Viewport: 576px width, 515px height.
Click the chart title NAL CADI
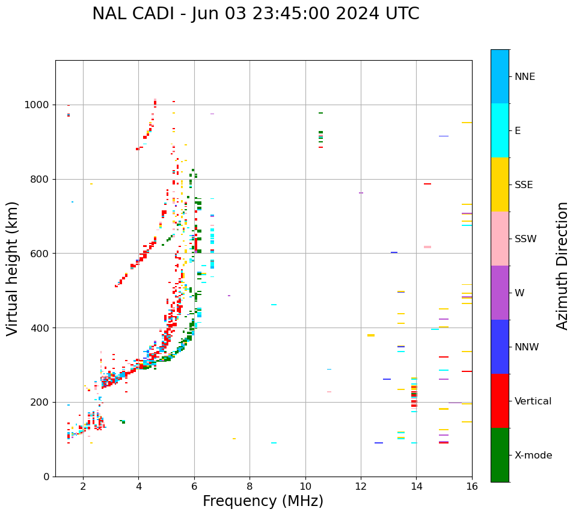click(256, 14)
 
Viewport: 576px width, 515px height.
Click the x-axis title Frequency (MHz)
click(263, 501)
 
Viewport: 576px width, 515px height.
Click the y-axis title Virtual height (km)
click(13, 268)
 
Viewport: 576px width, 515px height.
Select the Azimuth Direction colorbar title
click(562, 265)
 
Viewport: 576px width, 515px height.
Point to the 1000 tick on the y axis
click(38, 105)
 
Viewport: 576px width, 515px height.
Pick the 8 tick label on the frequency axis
click(250, 486)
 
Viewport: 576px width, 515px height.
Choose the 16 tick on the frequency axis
click(472, 486)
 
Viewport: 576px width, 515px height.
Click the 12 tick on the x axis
click(361, 486)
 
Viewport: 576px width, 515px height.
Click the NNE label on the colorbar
click(524, 77)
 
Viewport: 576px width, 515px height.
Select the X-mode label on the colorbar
click(533, 456)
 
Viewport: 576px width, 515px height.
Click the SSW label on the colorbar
click(525, 239)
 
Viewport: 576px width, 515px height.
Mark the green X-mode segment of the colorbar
click(500, 455)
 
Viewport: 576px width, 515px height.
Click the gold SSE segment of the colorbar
click(500, 184)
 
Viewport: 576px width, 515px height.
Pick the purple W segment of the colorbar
click(500, 293)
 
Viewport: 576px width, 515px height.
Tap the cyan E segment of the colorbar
click(500, 130)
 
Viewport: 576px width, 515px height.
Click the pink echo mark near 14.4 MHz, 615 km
click(427, 247)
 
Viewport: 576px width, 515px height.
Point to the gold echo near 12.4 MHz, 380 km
click(371, 335)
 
